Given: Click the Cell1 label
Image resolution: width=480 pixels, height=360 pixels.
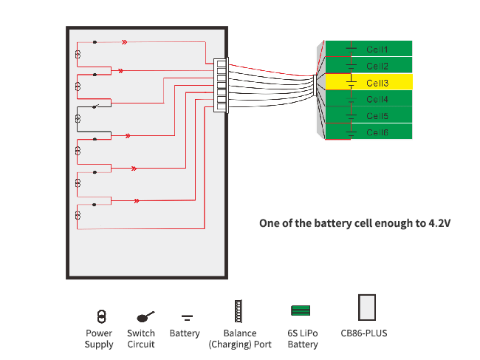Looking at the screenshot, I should [377, 50].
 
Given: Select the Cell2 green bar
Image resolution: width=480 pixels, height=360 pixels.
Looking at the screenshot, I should [368, 66].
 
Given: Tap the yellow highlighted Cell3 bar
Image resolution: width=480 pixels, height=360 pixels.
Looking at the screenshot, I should [368, 82].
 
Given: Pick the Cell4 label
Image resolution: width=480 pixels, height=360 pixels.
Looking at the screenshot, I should [377, 99].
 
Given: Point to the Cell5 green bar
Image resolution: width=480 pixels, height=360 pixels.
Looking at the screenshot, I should [368, 116].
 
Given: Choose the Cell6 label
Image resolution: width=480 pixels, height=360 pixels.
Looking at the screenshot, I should [377, 132].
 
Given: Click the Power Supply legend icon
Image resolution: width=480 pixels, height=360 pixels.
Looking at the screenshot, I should [102, 316].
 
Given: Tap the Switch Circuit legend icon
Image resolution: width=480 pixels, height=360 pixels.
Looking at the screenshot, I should [145, 316].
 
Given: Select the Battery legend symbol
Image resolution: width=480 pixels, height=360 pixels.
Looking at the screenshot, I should [187, 318].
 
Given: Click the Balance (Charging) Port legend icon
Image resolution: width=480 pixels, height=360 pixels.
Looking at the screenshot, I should [238, 311].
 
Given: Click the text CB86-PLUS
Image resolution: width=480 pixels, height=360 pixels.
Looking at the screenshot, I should [364, 333].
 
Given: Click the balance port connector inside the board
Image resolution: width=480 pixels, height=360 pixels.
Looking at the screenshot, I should [221, 86].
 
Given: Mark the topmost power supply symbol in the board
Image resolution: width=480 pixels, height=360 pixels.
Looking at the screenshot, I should [78, 55].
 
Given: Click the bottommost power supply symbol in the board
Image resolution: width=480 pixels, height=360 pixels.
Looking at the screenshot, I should [78, 215].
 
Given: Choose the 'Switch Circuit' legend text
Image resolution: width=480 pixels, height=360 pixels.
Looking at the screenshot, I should [141, 339].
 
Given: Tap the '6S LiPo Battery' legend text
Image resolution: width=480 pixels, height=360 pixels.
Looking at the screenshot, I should [303, 339].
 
